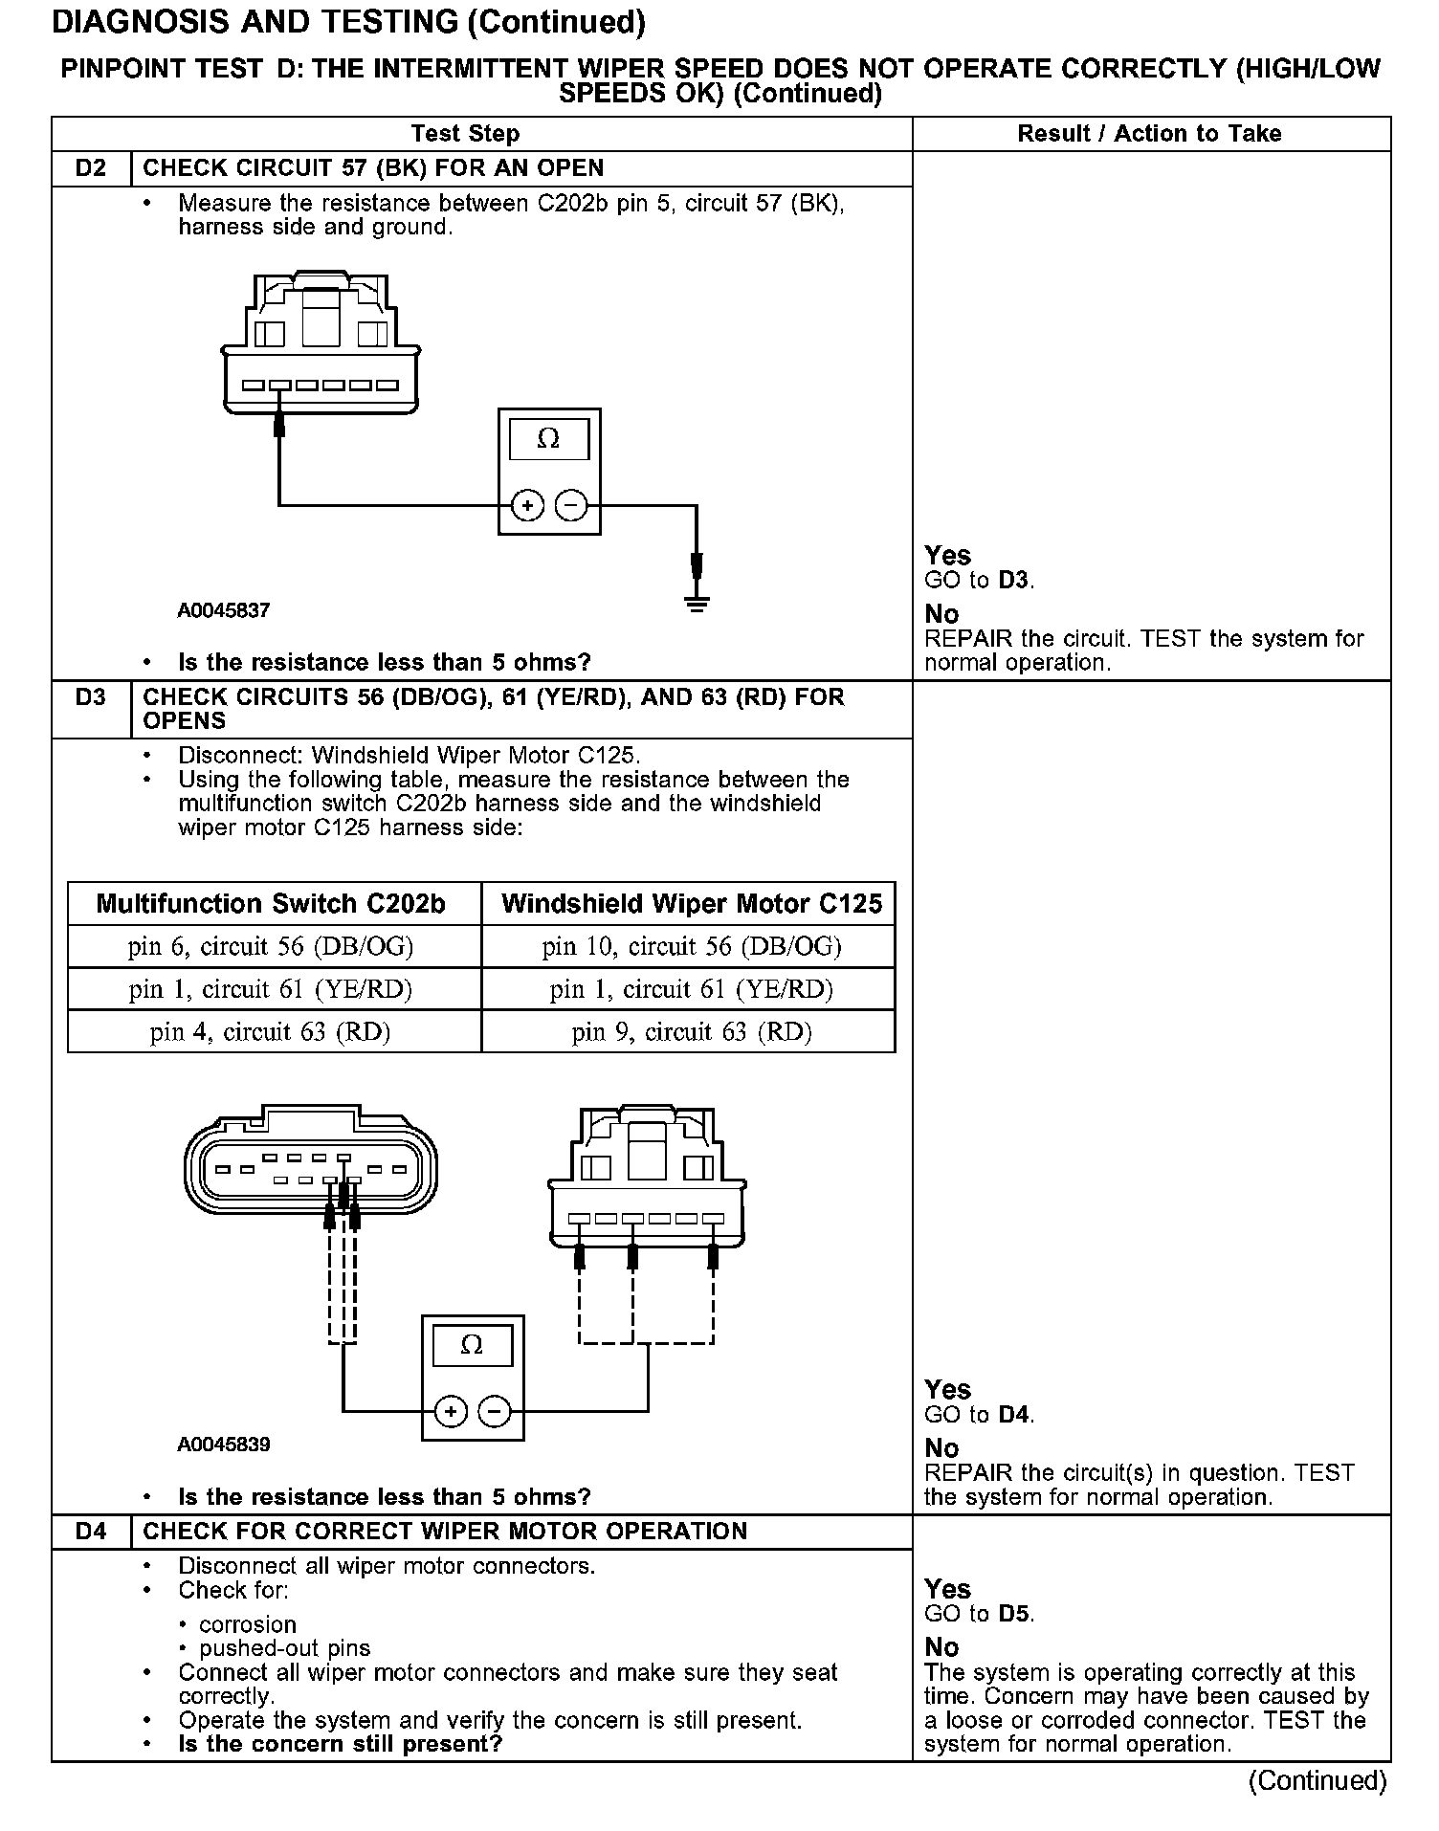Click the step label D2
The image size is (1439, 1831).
91,168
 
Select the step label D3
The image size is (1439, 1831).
91,697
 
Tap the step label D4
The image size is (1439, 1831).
91,1532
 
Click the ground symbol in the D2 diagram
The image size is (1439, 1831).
697,603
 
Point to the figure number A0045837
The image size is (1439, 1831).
224,610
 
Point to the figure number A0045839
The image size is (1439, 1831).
224,1445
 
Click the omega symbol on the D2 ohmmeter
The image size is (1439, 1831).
548,439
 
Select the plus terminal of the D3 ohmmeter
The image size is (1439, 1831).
451,1411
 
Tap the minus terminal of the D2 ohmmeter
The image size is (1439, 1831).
571,504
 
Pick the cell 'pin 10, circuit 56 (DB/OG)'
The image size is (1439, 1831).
691,947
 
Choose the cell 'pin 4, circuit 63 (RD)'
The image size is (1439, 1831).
271,1031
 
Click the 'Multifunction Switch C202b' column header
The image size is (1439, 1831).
271,904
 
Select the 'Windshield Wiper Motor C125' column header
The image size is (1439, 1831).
691,904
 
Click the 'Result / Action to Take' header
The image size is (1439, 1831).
1149,134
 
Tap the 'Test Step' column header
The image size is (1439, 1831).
465,134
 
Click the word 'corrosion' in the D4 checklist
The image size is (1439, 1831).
248,1624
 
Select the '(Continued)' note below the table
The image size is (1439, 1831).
1317,1780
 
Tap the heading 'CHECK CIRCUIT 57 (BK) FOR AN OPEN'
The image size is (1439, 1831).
373,168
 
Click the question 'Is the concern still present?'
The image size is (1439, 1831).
340,1744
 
